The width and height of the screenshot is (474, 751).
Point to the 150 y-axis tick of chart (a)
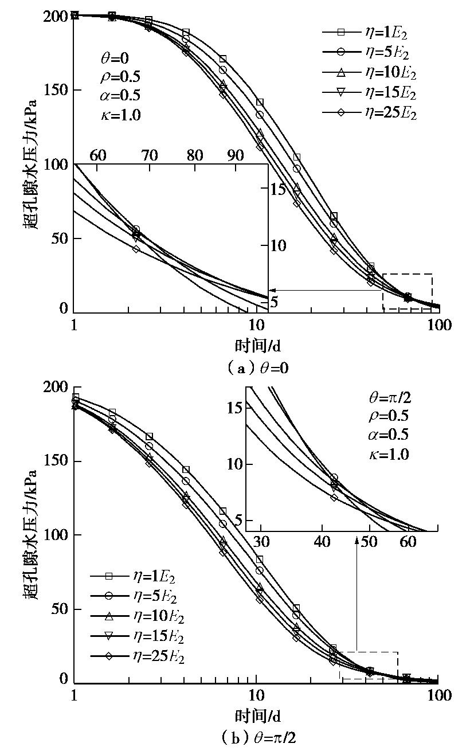coord(57,91)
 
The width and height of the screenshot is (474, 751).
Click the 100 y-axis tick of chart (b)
coord(57,535)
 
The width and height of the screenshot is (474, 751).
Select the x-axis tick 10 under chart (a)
coord(256,325)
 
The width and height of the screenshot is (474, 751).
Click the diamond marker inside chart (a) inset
coord(135,249)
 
